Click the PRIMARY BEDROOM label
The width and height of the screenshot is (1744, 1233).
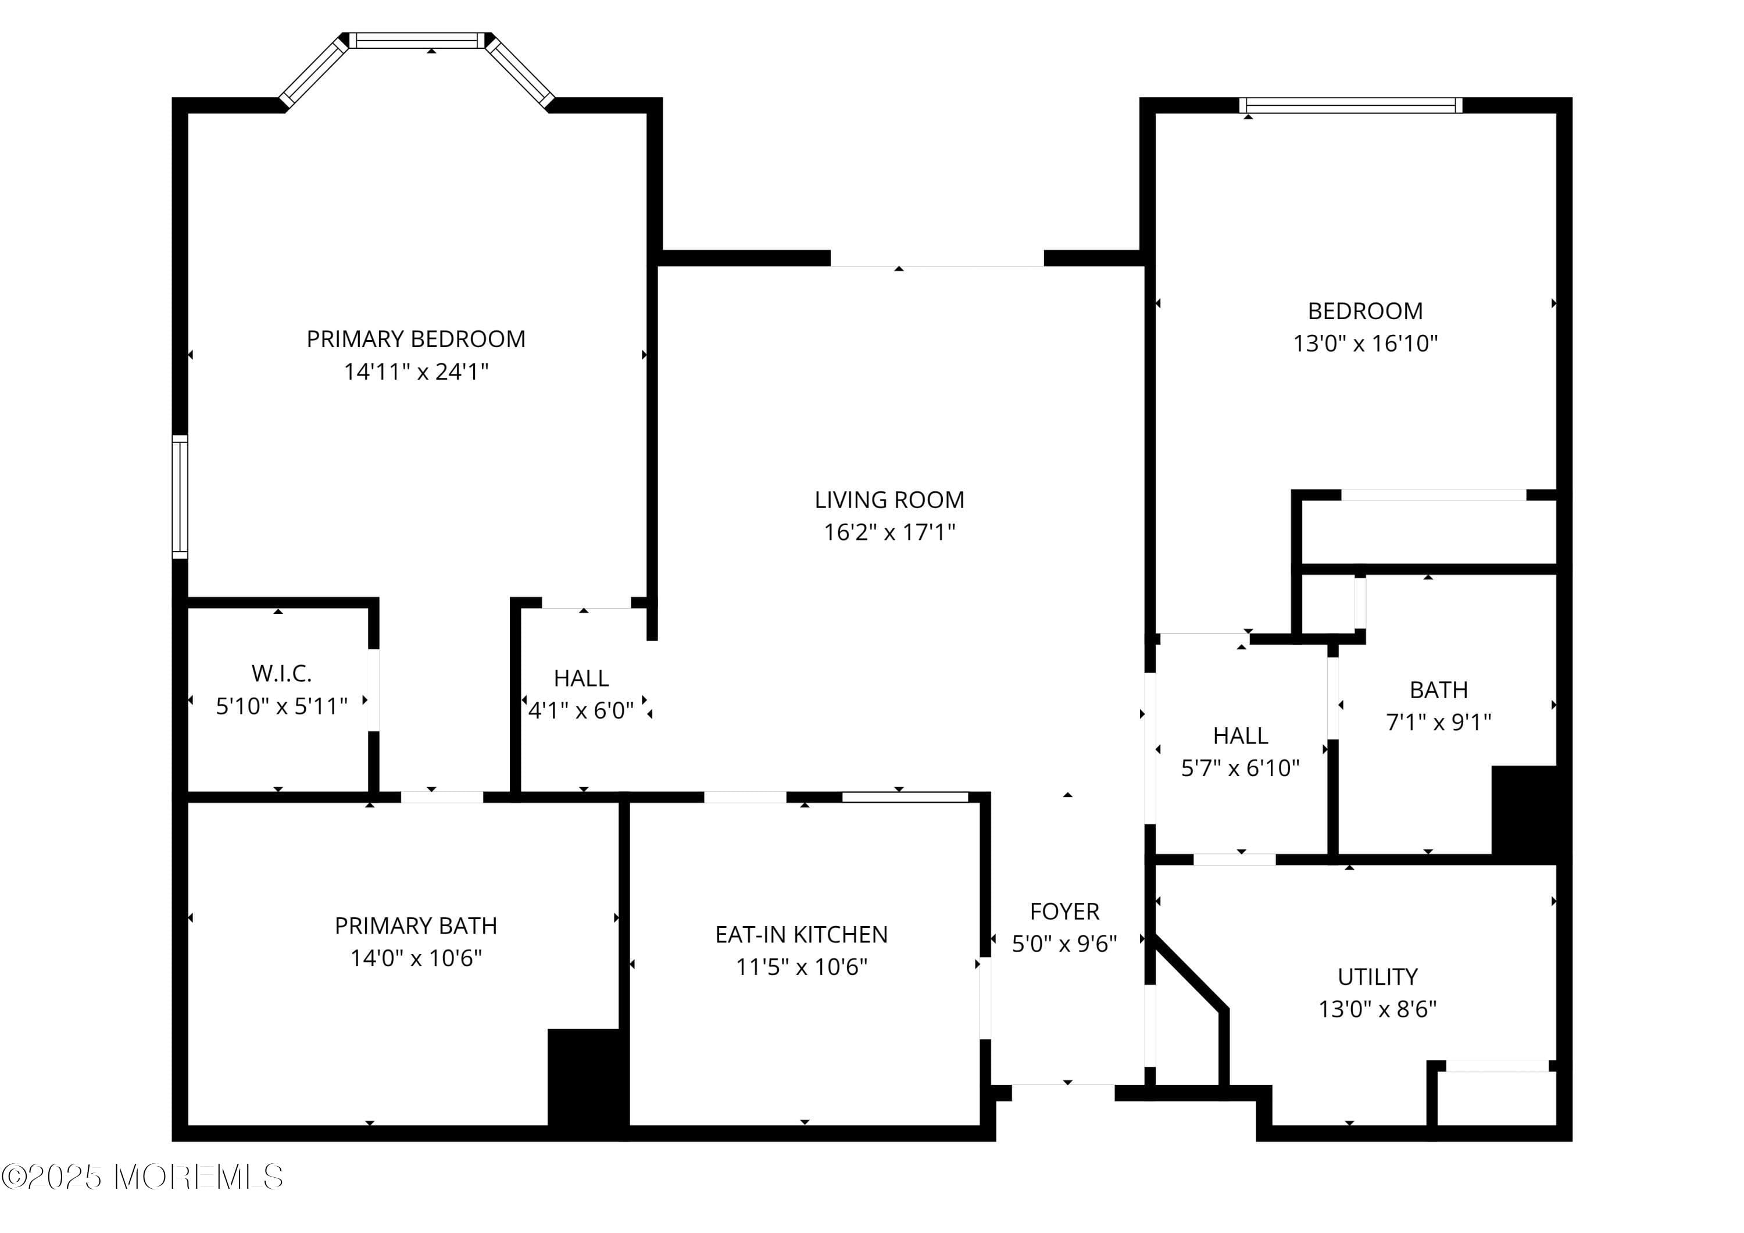click(x=416, y=339)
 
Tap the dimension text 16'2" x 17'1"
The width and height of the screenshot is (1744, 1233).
click(x=889, y=532)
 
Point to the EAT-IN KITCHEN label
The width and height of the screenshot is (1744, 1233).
click(x=800, y=934)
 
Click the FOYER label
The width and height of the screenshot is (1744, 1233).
click(x=1064, y=911)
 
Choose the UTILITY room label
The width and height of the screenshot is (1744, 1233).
click(x=1377, y=976)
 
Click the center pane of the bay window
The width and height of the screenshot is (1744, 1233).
click(x=419, y=40)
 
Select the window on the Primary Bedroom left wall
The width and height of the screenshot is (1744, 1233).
click(x=180, y=497)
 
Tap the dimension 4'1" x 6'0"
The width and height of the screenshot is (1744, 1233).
click(x=581, y=710)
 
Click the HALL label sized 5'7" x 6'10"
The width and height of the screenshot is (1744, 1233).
click(x=1239, y=735)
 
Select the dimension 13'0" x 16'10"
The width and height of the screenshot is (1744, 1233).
click(x=1365, y=344)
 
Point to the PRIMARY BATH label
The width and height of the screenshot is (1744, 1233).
click(x=416, y=925)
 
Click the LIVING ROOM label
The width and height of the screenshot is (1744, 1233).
click(x=889, y=500)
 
